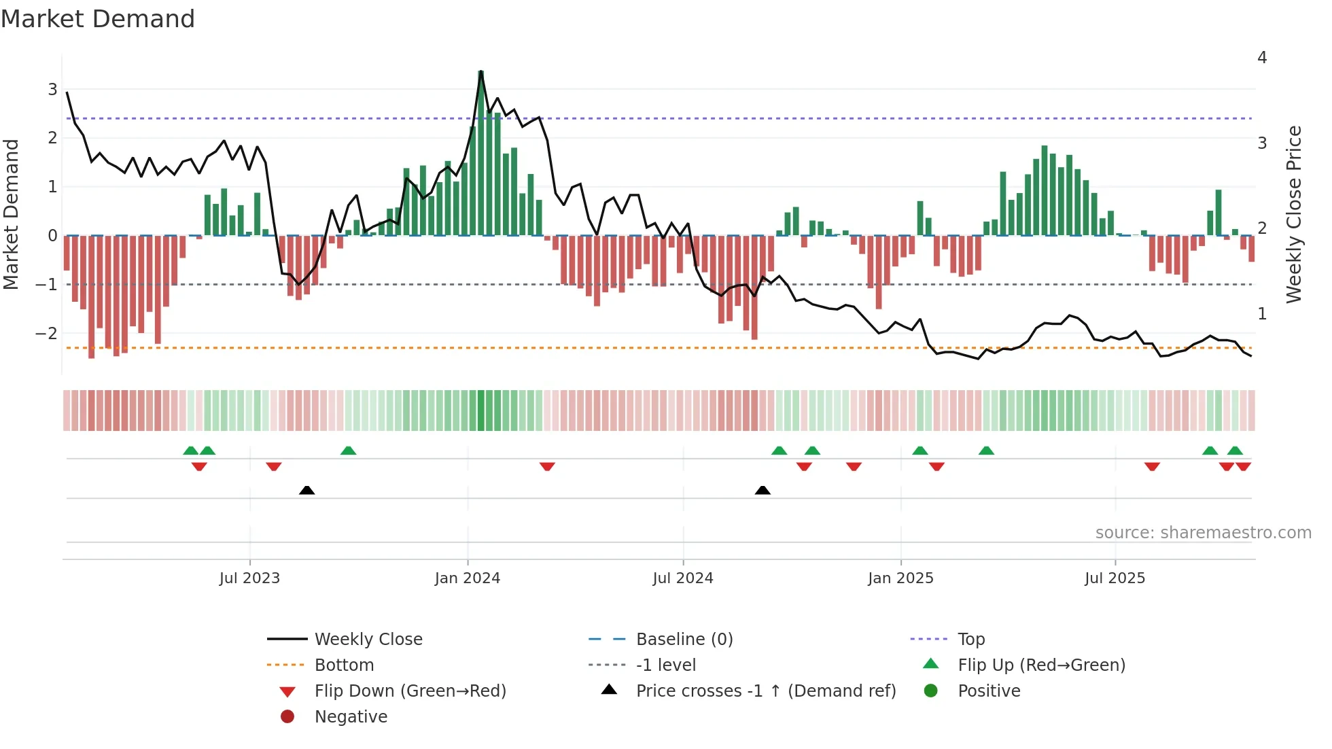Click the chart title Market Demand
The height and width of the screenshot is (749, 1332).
point(98,19)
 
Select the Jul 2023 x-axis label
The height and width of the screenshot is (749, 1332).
point(249,578)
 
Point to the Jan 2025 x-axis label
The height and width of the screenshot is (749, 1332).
point(900,578)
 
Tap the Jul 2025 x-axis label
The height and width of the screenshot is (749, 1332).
point(1115,578)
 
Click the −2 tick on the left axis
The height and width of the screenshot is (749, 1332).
point(46,333)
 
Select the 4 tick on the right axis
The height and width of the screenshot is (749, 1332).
point(1262,58)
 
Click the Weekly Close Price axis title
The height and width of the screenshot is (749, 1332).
point(1294,214)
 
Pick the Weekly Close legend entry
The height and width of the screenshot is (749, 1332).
point(368,640)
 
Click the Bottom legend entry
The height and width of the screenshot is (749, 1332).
point(344,665)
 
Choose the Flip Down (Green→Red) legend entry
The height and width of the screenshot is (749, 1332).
point(410,691)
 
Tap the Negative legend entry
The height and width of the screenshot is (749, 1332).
point(351,717)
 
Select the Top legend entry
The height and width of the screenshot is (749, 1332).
point(971,640)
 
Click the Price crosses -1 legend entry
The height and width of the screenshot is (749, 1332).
point(765,691)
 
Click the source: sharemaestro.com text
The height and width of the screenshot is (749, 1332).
point(1203,533)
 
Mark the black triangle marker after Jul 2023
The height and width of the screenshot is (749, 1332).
point(307,490)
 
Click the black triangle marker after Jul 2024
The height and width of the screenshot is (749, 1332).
point(763,490)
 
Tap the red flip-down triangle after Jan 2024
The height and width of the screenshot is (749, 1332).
point(547,466)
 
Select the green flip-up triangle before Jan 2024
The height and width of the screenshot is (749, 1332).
point(348,451)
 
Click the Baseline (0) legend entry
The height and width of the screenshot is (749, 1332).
point(684,640)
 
